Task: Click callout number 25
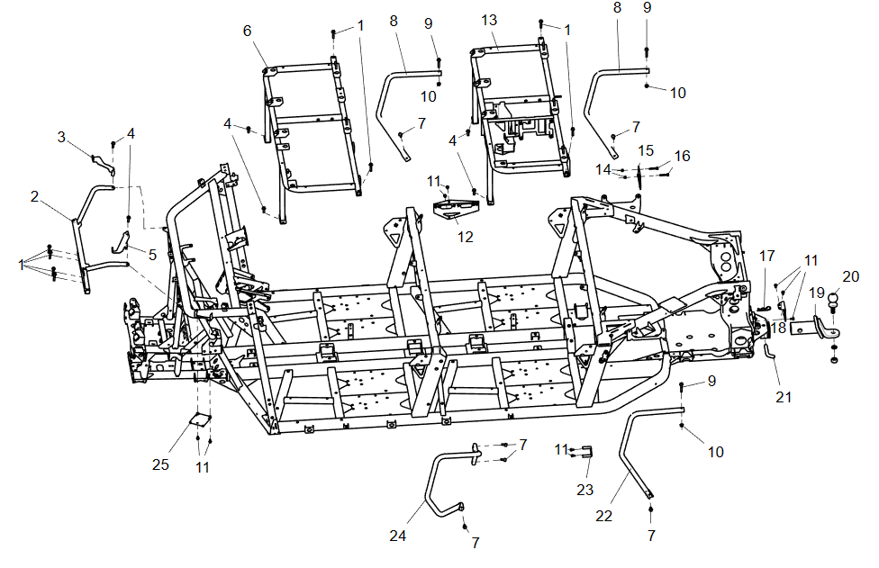click(x=160, y=464)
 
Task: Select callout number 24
click(x=398, y=535)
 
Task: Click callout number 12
click(x=465, y=237)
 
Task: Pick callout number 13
click(x=489, y=20)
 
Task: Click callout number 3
click(x=62, y=137)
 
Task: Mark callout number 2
click(x=34, y=195)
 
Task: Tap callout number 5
click(x=152, y=255)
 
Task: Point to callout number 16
click(x=682, y=156)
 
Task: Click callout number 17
click(x=766, y=256)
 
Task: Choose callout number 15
click(x=646, y=149)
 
